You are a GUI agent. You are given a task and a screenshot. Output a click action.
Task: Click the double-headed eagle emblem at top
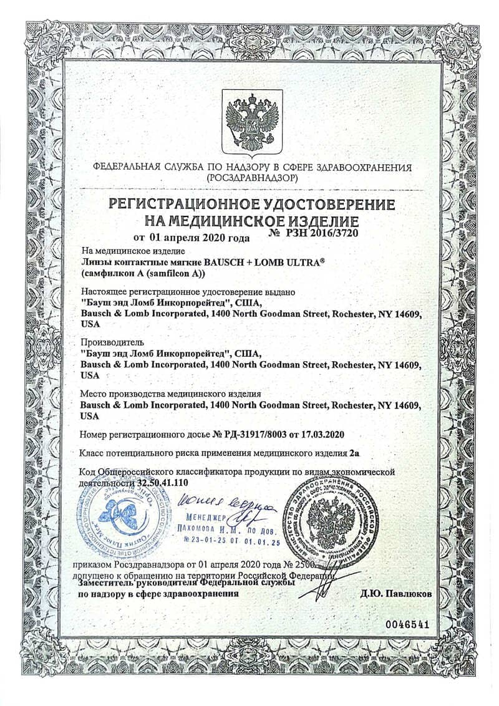pyautogui.click(x=252, y=122)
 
